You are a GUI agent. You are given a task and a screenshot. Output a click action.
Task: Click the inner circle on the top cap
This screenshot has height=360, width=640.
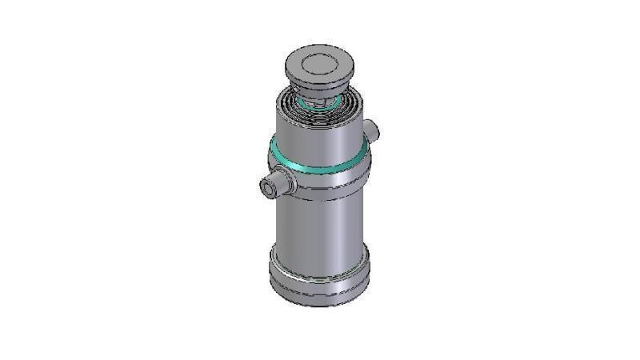pos(320,60)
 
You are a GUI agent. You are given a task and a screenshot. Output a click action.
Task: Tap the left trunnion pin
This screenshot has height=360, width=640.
pos(276,185)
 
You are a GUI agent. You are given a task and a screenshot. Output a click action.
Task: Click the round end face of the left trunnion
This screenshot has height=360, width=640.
pos(267,188)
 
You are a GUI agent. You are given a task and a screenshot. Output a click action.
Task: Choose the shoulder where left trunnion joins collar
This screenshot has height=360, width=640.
pos(290,183)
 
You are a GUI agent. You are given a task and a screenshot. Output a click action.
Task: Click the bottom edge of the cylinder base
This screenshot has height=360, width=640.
pos(320,303)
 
